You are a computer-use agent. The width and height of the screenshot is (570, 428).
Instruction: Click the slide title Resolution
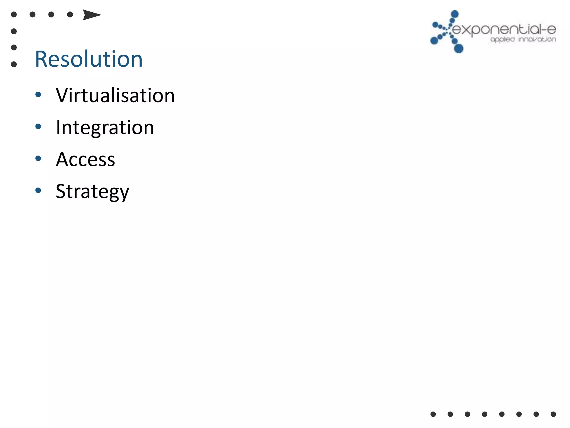coord(89,59)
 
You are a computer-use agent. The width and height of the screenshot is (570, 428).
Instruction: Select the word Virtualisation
coord(115,96)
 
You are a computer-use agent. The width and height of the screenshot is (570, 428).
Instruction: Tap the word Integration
coord(105,128)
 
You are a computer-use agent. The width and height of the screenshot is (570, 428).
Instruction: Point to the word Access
coord(85,159)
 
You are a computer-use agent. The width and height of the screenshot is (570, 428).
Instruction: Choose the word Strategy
coord(92,192)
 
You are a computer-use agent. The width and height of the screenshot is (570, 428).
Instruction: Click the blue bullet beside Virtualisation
coord(38,95)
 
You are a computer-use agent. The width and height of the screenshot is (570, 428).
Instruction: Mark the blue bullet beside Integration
coord(38,127)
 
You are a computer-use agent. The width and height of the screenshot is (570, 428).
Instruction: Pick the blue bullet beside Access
coord(38,159)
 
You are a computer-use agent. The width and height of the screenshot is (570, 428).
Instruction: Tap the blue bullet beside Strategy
coord(38,191)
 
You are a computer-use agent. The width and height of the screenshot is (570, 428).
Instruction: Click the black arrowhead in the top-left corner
coord(91,15)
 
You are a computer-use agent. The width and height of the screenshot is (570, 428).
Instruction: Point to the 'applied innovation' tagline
coord(523,40)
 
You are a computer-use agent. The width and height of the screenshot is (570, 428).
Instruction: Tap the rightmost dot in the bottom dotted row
coord(553,414)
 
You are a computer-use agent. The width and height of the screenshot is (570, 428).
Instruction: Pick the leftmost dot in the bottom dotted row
coord(433,414)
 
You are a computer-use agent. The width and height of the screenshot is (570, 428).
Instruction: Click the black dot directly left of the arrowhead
coord(70,14)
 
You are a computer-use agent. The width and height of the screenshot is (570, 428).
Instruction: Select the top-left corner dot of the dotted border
coord(14,14)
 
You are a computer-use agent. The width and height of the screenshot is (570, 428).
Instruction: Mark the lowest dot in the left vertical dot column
coord(14,64)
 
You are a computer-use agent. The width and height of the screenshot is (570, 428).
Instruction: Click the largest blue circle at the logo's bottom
coord(459,48)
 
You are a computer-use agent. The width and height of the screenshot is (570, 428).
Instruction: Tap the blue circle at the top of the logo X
coord(454,14)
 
